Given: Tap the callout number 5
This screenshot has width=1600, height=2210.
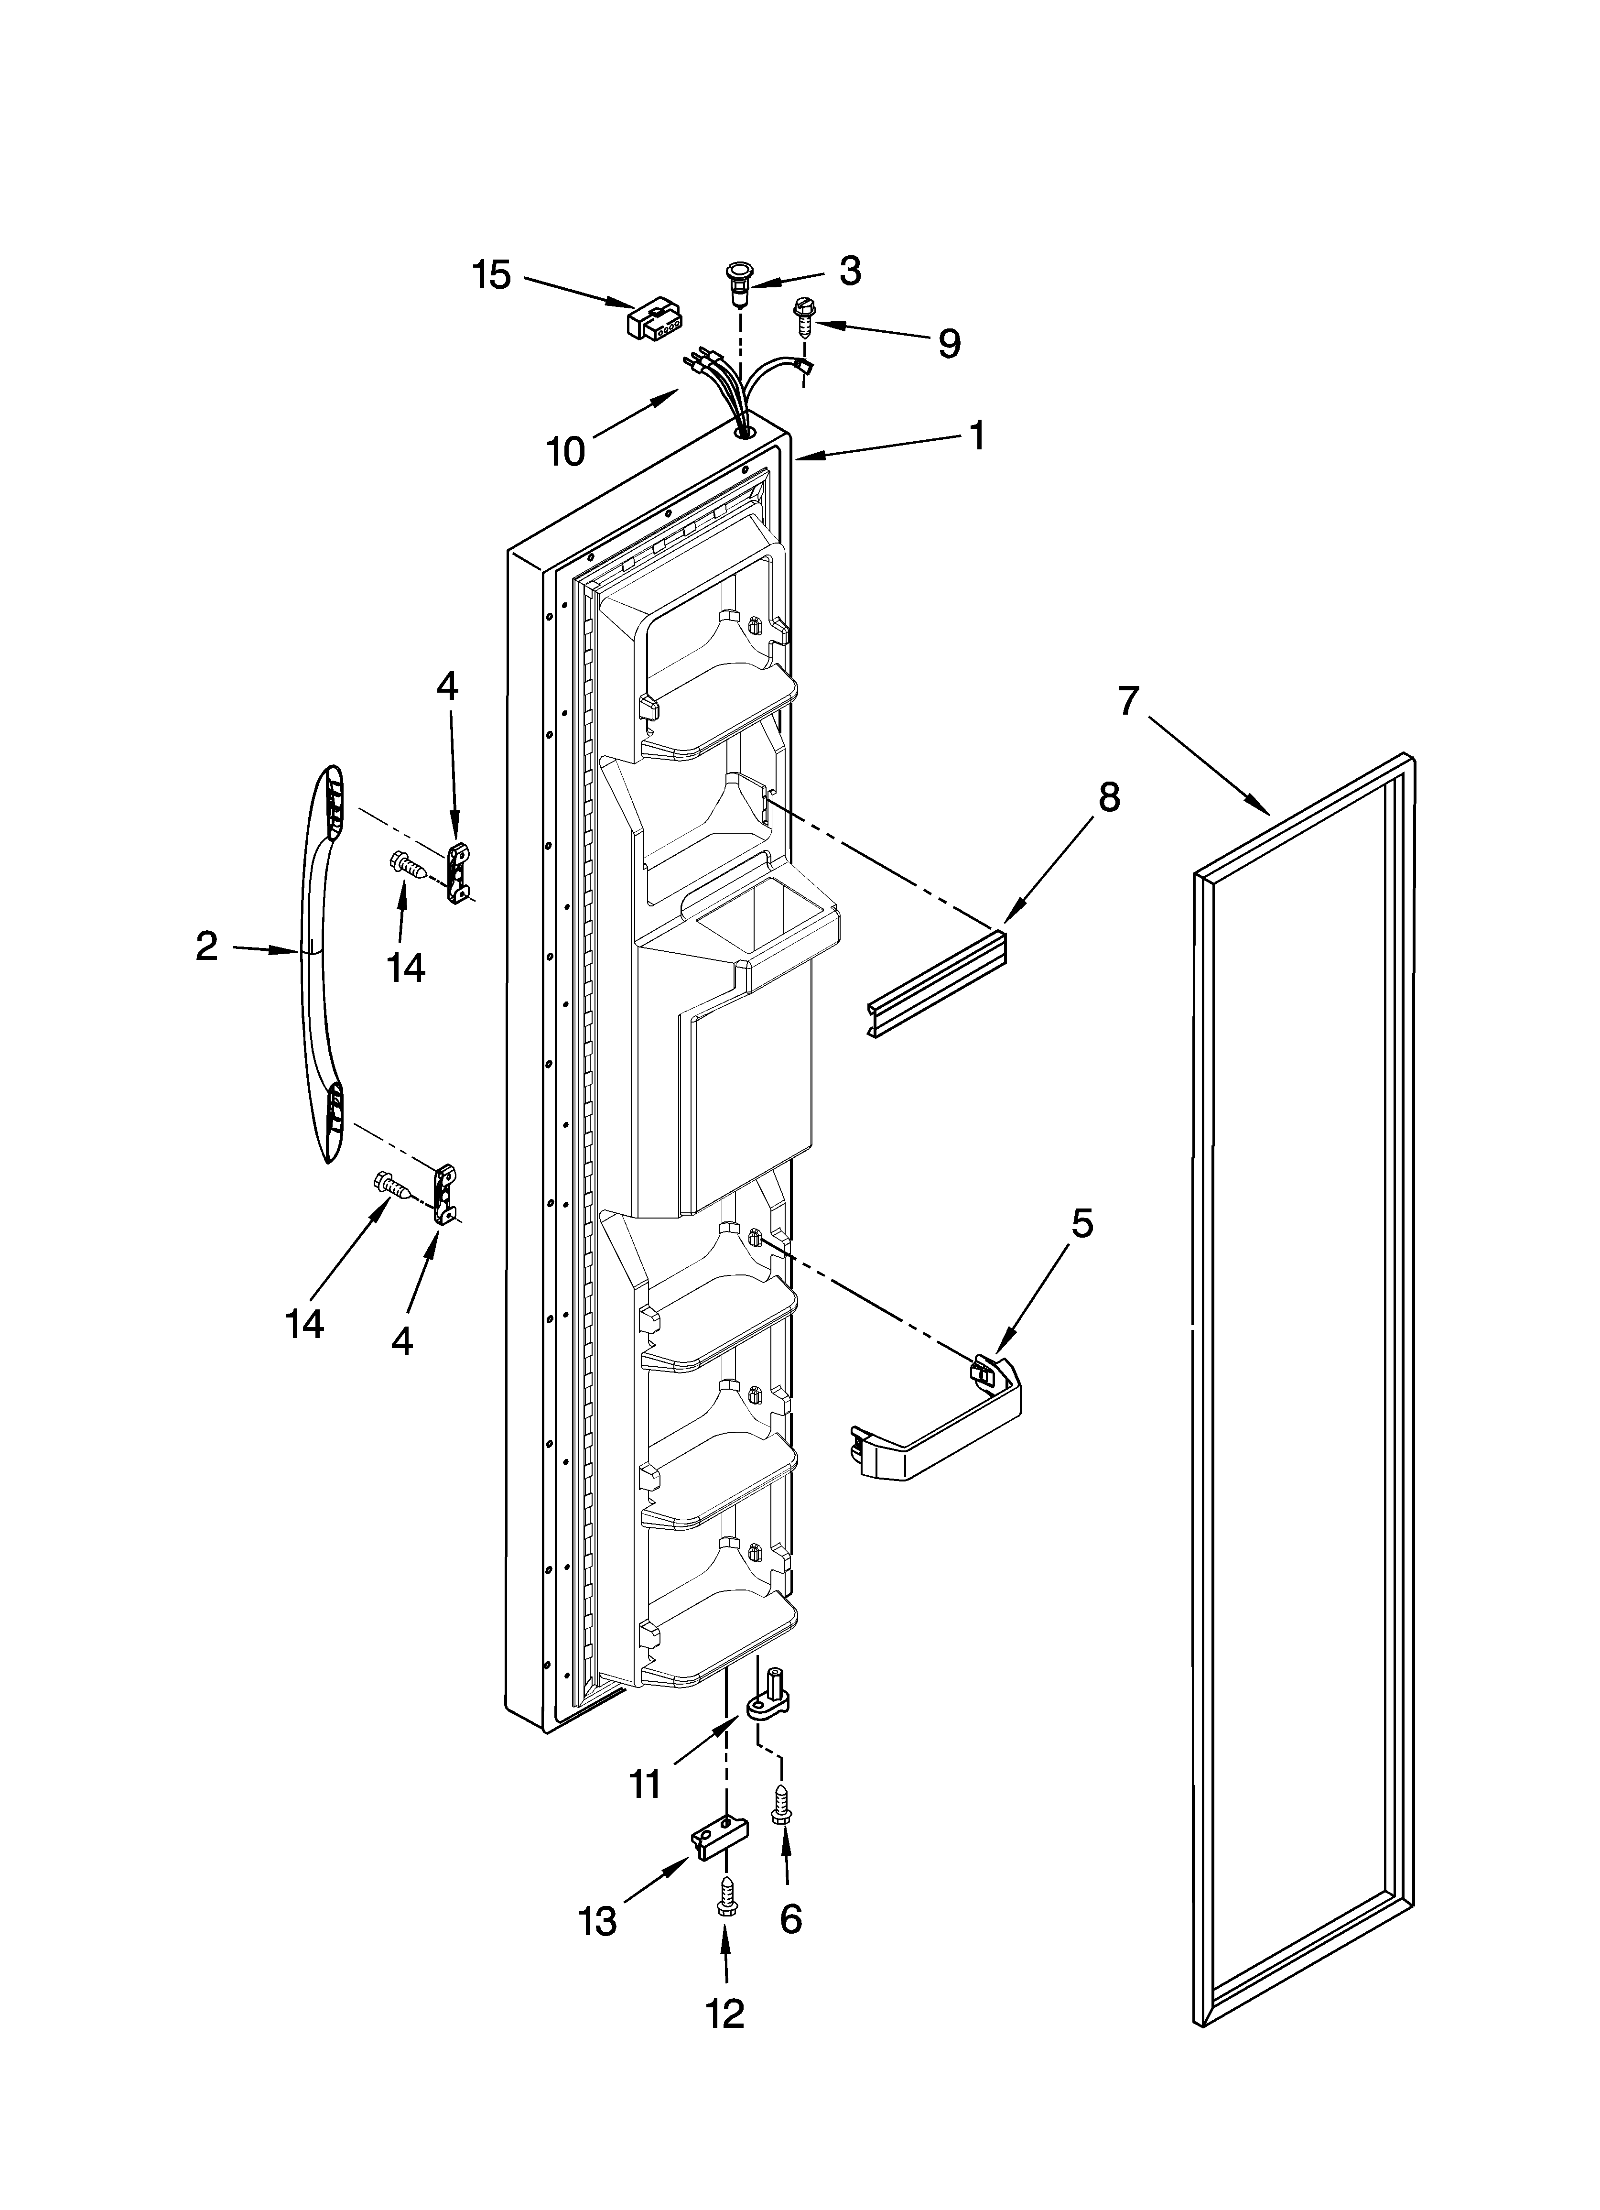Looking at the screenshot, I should tap(1082, 1223).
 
